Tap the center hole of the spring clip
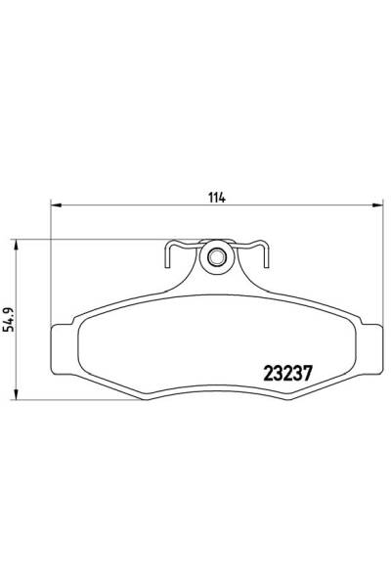tap(216, 259)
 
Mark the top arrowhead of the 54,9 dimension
tap(13, 244)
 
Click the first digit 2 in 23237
tap(269, 374)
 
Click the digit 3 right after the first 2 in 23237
tap(280, 374)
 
